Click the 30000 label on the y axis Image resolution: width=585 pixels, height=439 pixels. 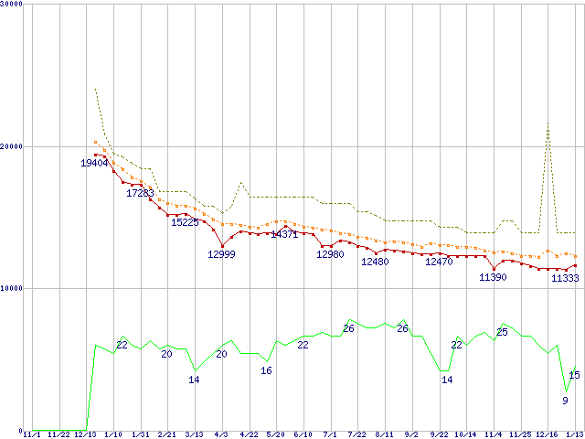13,5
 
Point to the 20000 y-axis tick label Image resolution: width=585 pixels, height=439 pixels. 13,146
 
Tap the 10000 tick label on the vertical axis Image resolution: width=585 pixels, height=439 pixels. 13,288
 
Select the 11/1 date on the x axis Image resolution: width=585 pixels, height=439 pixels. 32,434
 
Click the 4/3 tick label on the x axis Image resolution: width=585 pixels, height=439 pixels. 221,434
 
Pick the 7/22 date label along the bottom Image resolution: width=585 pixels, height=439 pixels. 357,434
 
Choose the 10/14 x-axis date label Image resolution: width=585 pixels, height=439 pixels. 466,434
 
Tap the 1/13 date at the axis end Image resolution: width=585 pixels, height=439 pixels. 575,434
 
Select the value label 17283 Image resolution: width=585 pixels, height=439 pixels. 140,194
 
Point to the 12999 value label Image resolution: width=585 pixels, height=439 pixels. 221,254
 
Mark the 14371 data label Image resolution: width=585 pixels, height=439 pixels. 284,235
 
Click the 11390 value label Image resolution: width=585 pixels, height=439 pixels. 493,277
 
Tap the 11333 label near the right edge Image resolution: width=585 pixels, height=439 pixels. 565,278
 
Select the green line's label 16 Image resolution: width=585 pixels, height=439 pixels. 266,370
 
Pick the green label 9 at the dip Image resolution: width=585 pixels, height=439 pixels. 565,400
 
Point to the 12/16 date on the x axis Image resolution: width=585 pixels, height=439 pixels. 548,434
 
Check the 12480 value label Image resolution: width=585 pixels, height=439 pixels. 375,262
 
